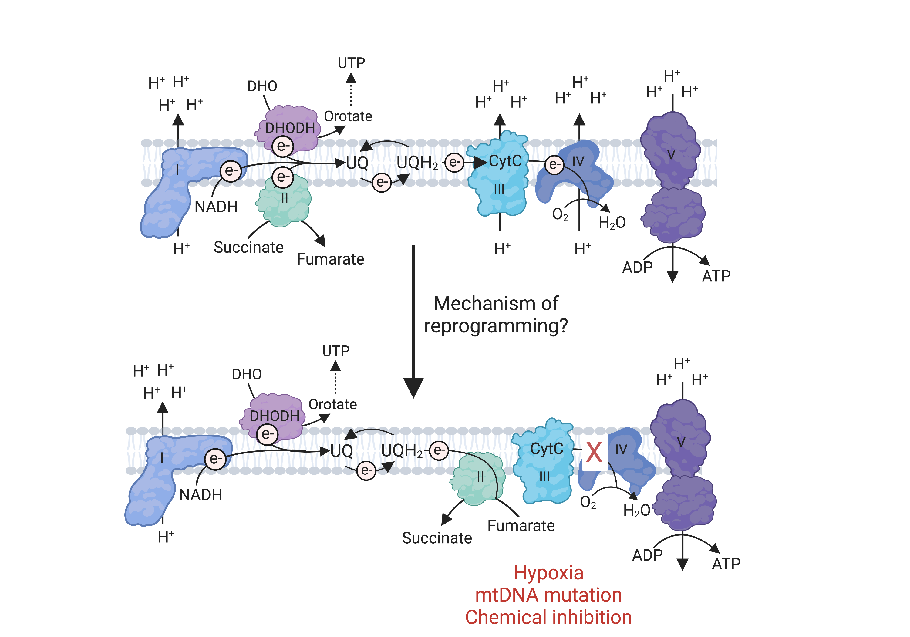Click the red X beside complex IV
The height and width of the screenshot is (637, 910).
tap(594, 452)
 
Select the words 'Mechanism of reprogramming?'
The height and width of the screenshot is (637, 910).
tap(496, 315)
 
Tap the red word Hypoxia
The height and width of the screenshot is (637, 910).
tap(548, 573)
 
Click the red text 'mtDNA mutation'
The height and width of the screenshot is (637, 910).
tap(548, 595)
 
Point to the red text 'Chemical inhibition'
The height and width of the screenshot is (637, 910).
tap(548, 617)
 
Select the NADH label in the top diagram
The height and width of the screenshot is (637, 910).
tap(216, 207)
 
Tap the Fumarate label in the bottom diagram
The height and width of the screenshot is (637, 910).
tap(521, 526)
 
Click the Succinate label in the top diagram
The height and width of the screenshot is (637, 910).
tap(248, 247)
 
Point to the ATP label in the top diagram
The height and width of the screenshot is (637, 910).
tap(716, 276)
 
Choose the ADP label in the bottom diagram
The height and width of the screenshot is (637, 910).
tap(647, 555)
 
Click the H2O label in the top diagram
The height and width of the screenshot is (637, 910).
tap(612, 223)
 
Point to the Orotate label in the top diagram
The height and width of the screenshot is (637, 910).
tap(348, 116)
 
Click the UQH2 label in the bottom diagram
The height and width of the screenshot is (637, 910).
tap(402, 451)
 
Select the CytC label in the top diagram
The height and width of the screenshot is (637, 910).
tap(505, 161)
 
